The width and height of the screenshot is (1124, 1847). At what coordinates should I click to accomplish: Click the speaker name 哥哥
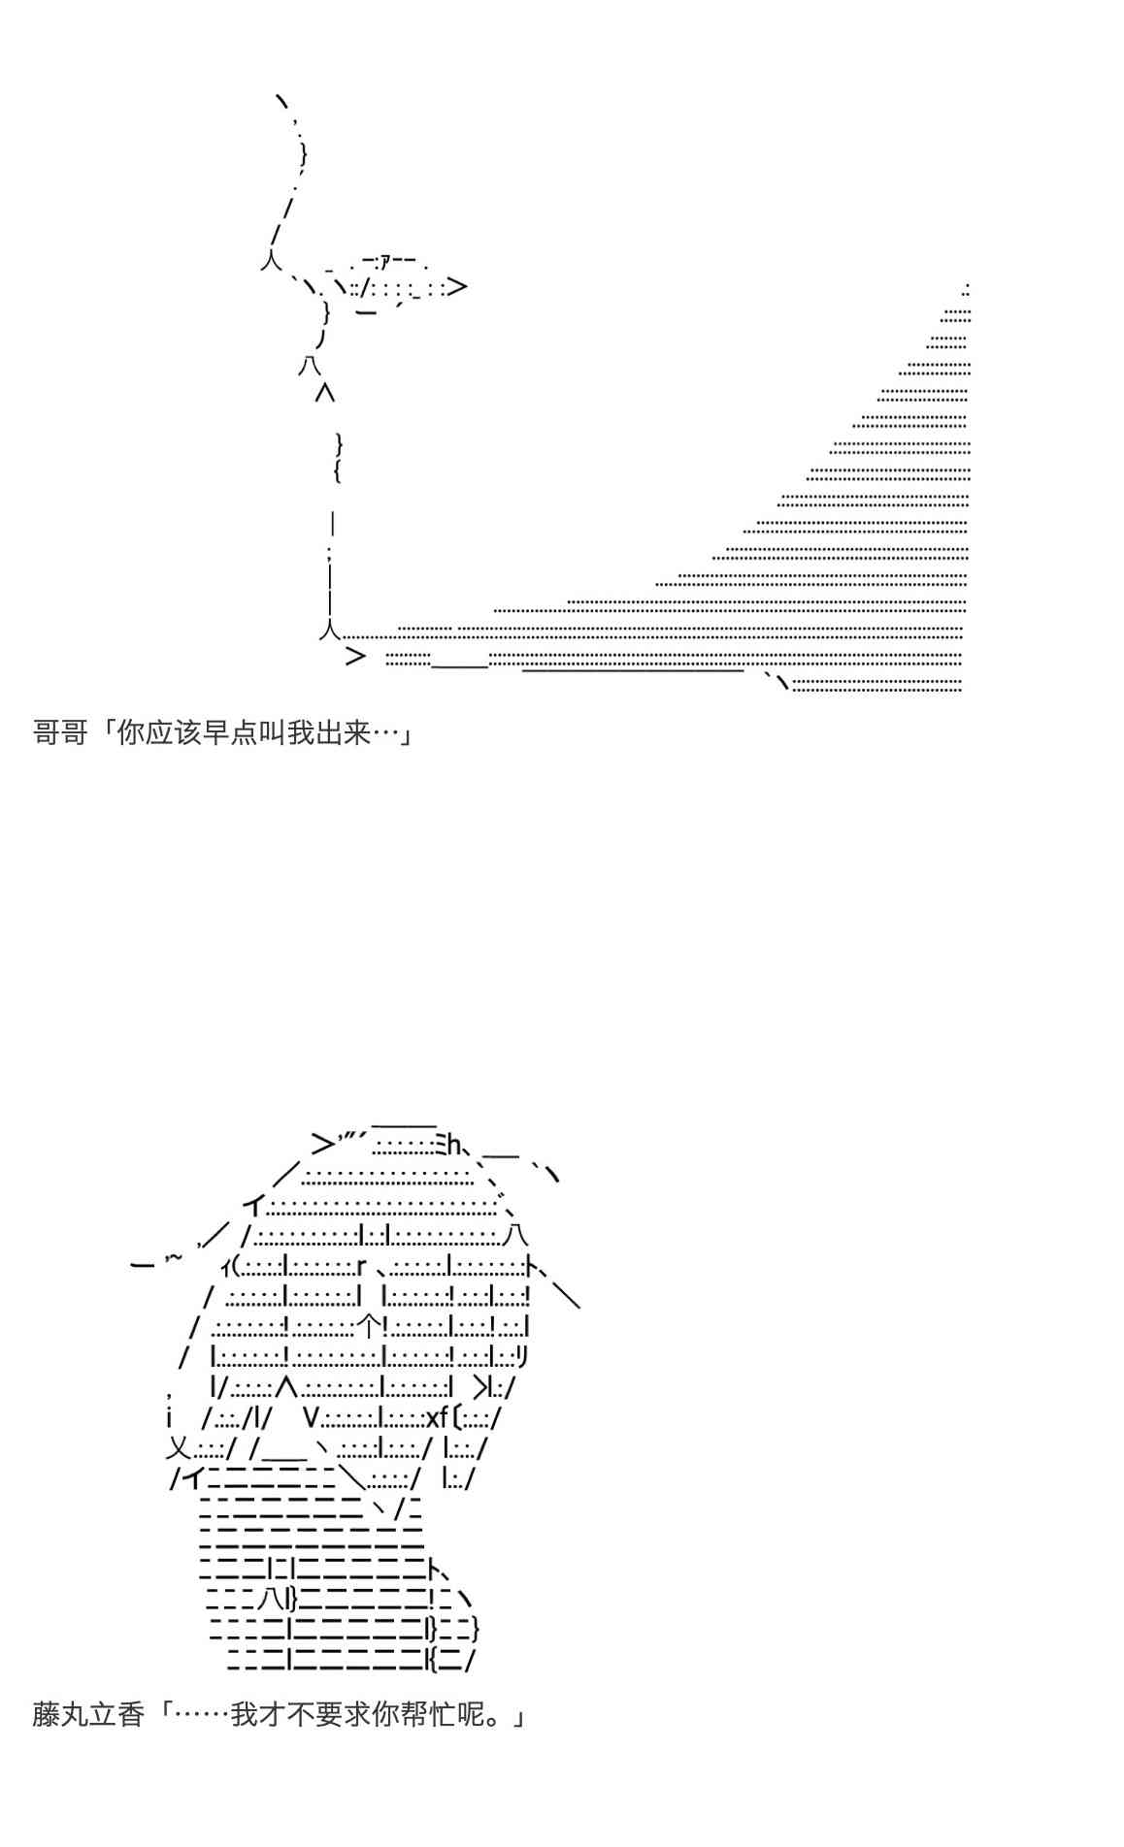click(60, 732)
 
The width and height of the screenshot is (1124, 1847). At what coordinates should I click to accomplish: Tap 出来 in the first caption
click(344, 732)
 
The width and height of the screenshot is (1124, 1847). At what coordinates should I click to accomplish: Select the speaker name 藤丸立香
click(88, 1715)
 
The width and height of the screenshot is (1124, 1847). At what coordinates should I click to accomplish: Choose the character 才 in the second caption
click(272, 1715)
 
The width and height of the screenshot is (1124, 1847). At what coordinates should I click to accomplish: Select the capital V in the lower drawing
click(310, 1417)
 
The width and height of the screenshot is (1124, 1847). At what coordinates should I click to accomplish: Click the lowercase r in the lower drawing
click(361, 1266)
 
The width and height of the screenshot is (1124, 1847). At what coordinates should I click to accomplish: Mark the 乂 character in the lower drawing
click(179, 1448)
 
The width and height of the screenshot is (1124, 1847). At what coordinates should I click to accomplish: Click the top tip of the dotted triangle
click(967, 289)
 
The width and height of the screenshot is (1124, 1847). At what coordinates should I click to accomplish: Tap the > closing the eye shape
click(458, 286)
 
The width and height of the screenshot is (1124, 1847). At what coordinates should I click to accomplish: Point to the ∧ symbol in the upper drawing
click(325, 393)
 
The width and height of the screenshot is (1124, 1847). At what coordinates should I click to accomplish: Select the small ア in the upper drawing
click(385, 260)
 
